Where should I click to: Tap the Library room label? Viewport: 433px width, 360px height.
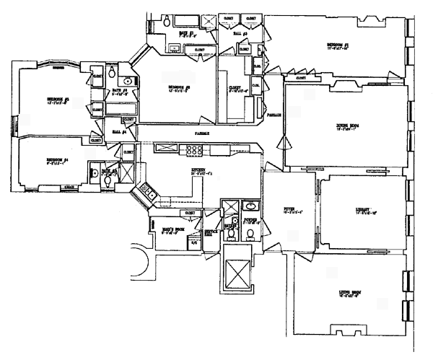362,209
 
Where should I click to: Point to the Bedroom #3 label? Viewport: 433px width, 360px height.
58,99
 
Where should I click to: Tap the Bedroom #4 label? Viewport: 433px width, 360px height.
58,159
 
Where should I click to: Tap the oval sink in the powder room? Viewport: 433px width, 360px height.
249,205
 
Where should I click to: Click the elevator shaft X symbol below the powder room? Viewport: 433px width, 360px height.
236,272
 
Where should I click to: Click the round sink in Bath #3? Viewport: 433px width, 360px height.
127,81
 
